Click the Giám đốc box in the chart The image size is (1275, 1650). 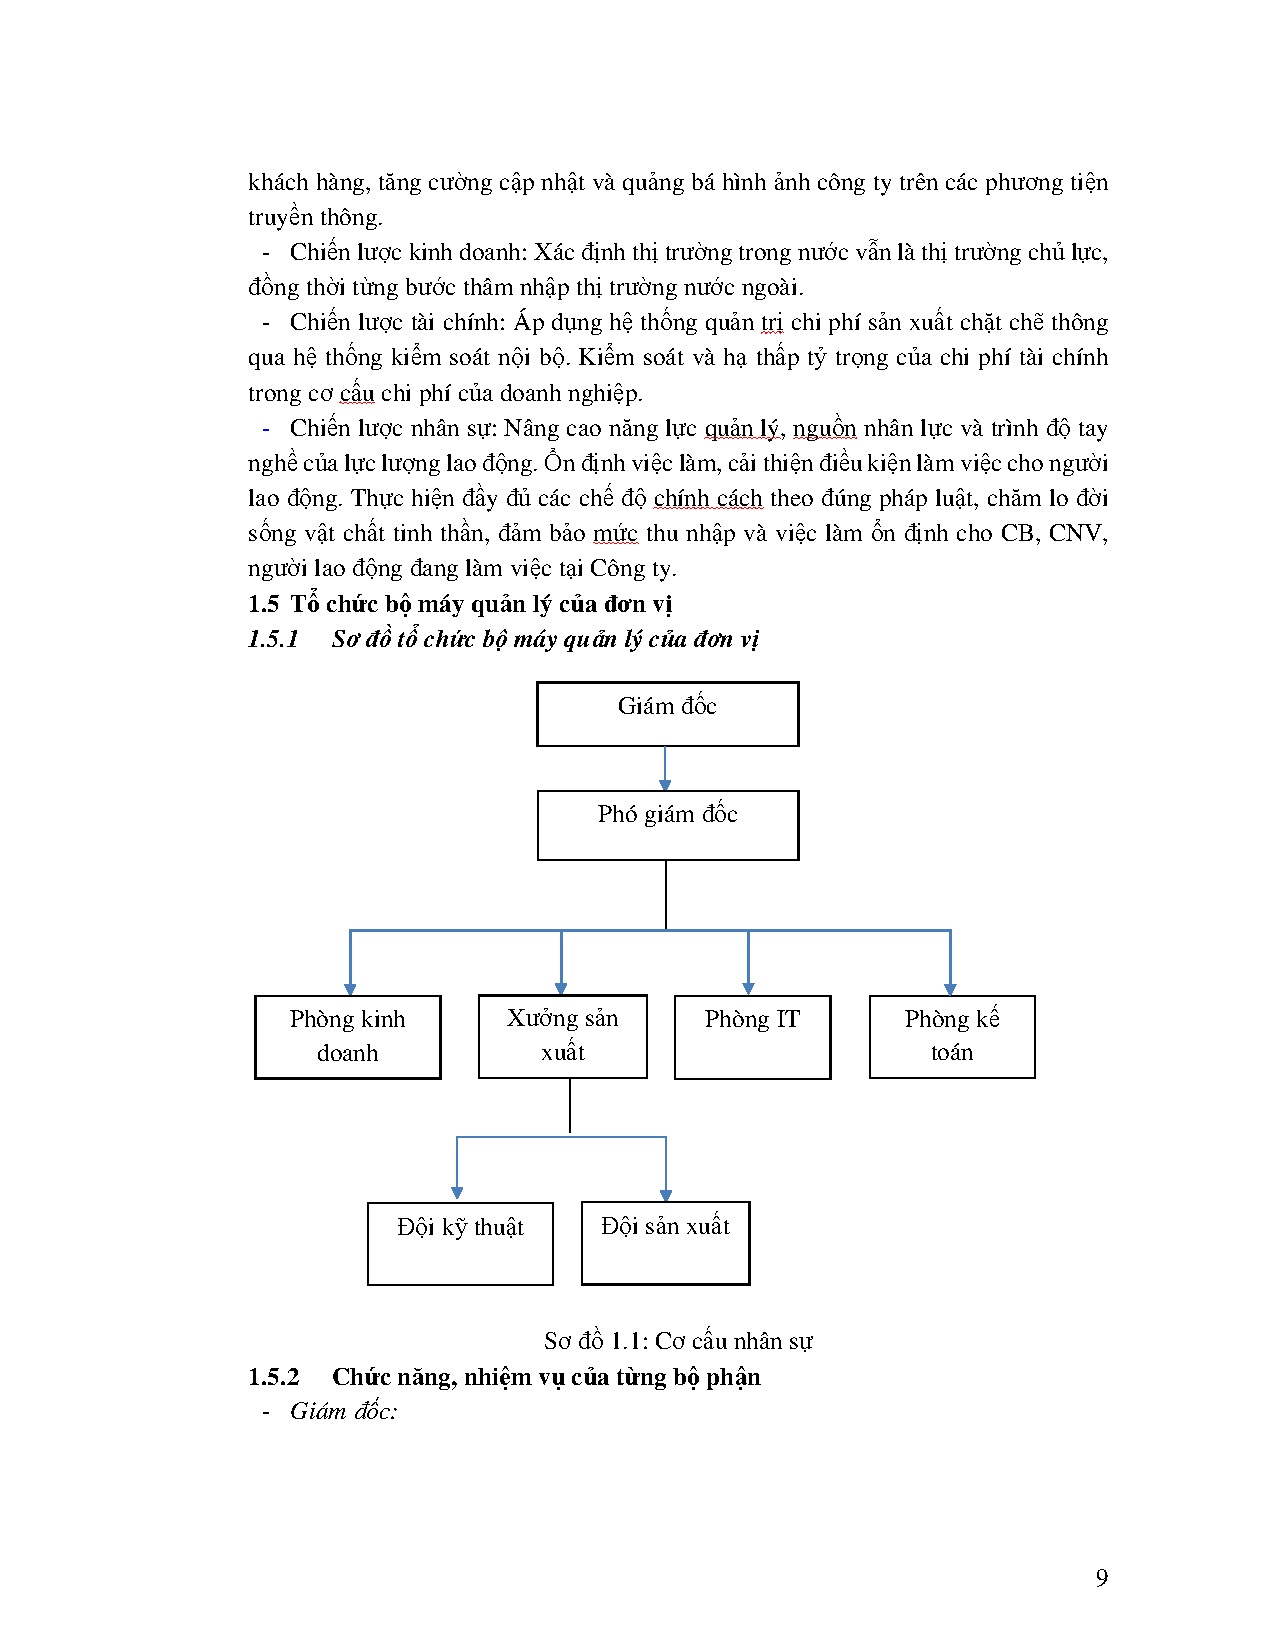pyautogui.click(x=667, y=714)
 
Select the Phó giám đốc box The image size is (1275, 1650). pyautogui.click(x=667, y=825)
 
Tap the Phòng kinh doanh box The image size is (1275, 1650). pyautogui.click(x=347, y=1037)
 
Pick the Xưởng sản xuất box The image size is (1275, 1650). pyautogui.click(x=562, y=1036)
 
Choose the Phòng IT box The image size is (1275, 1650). pyautogui.click(x=752, y=1037)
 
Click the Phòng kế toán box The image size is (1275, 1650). pyautogui.click(x=951, y=1037)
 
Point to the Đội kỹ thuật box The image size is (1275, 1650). pyautogui.click(x=460, y=1243)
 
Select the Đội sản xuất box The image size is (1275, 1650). pyautogui.click(x=665, y=1243)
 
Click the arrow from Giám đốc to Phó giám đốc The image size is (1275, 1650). pyautogui.click(x=665, y=769)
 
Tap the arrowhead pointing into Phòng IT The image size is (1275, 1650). pyautogui.click(x=749, y=988)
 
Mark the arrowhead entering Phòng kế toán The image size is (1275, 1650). pyautogui.click(x=950, y=988)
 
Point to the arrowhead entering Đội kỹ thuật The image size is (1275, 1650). pyautogui.click(x=457, y=1192)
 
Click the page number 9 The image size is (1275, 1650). pyautogui.click(x=1101, y=1578)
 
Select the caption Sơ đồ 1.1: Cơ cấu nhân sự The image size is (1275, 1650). pyautogui.click(x=678, y=1341)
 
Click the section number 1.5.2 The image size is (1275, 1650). pyautogui.click(x=273, y=1377)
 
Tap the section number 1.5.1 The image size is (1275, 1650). pyautogui.click(x=273, y=639)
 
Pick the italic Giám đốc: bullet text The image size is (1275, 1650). pyautogui.click(x=344, y=1411)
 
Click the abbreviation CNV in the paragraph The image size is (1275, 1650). pyautogui.click(x=1077, y=533)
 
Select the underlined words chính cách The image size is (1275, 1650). pyautogui.click(x=707, y=498)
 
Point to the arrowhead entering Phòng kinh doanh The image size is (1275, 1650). pyautogui.click(x=350, y=988)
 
